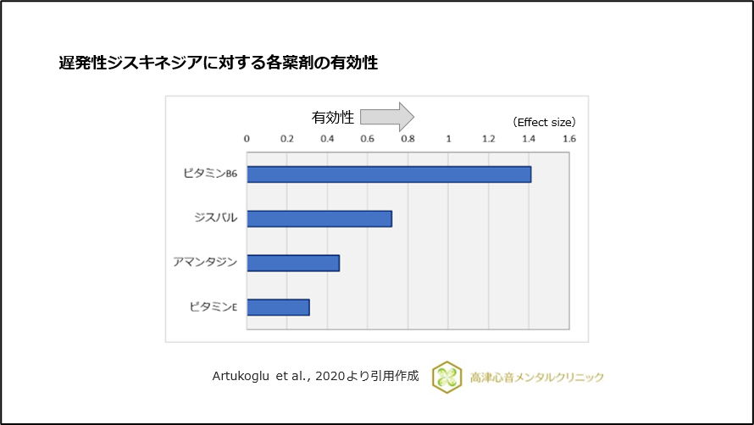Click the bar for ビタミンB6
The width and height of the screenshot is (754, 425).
click(389, 174)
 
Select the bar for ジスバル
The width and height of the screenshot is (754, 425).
click(319, 218)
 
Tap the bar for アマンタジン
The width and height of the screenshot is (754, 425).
click(293, 262)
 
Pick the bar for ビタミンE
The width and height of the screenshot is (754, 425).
click(278, 306)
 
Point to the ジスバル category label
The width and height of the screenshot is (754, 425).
click(215, 218)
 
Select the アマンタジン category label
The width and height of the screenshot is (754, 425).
click(205, 262)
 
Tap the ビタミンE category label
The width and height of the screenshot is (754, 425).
click(213, 306)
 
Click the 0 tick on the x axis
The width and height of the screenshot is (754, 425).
click(247, 137)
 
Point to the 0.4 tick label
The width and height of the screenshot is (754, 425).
click(327, 137)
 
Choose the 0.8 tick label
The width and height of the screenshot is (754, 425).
click(407, 137)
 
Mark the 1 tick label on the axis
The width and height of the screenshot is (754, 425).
click(448, 137)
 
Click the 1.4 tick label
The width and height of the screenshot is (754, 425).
click(529, 137)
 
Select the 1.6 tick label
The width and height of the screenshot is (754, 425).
click(568, 137)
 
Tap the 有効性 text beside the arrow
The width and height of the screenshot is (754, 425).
click(333, 117)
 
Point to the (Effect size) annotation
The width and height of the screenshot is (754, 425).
click(544, 122)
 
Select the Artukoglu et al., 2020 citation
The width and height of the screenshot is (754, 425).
click(315, 376)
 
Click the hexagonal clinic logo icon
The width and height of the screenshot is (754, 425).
click(447, 377)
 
